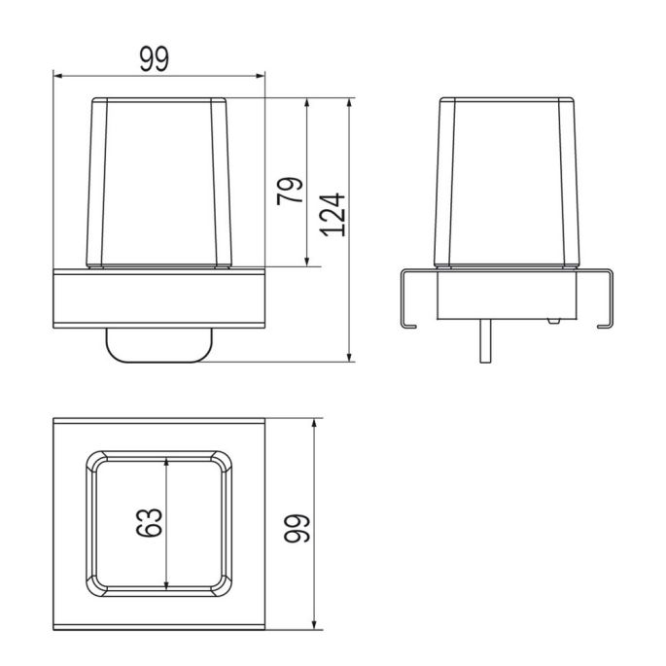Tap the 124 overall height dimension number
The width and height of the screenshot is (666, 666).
click(x=333, y=213)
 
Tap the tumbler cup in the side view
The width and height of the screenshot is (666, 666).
click(x=506, y=180)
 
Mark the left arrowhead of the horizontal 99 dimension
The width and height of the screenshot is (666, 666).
click(x=56, y=75)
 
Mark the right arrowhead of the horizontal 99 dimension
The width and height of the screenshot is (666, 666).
click(x=263, y=75)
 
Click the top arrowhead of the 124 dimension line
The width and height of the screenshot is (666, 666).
click(x=351, y=101)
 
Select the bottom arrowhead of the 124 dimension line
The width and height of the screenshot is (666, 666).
click(x=351, y=356)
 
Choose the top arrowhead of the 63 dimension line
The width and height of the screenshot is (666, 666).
click(x=168, y=466)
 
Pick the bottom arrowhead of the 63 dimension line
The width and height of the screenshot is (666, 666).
click(x=168, y=585)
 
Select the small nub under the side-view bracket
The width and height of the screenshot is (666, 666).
click(x=552, y=320)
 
